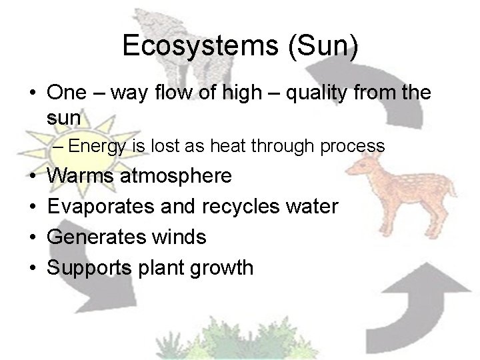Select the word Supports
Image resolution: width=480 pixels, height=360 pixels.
pyautogui.click(x=92, y=268)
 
